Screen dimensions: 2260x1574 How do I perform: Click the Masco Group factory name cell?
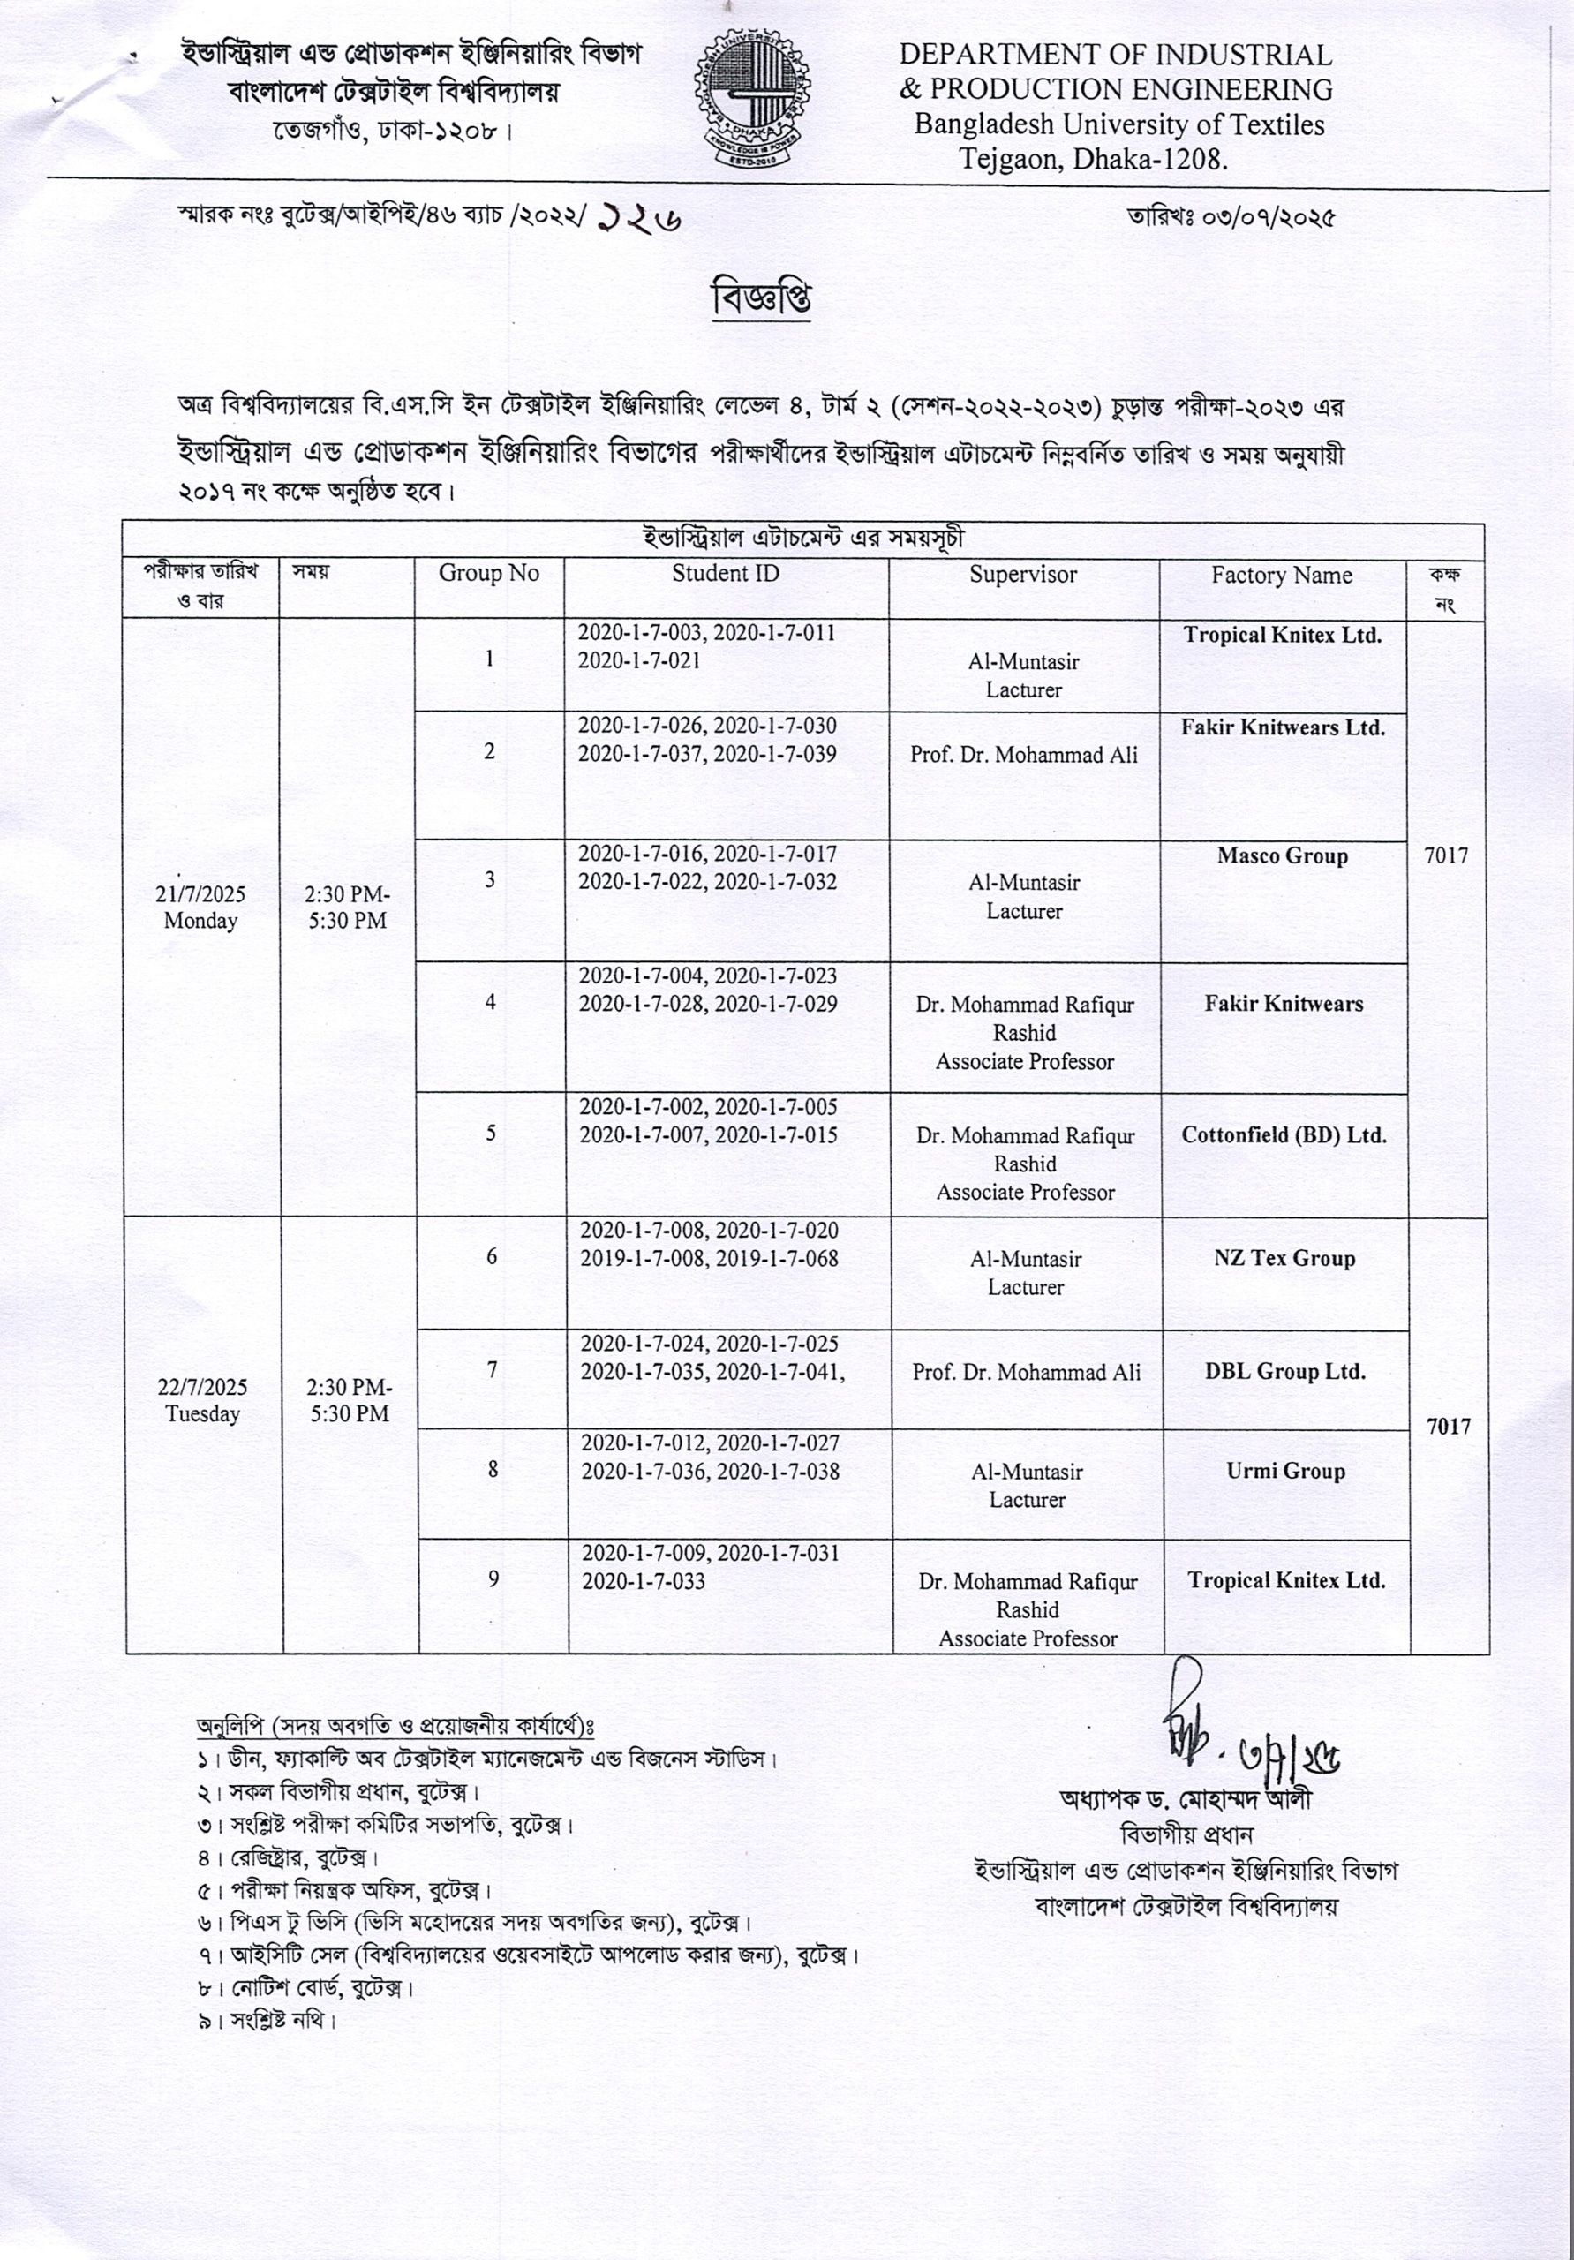click(x=1282, y=855)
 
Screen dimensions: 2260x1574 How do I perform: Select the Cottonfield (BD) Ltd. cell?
click(x=1284, y=1135)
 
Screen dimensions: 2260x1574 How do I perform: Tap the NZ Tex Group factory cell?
click(x=1284, y=1258)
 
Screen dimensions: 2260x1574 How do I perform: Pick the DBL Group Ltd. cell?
click(x=1284, y=1371)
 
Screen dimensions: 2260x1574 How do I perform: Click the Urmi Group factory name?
click(x=1284, y=1471)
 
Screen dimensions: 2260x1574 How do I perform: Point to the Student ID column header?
click(x=726, y=574)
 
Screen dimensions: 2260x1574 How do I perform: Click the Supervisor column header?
click(x=1023, y=575)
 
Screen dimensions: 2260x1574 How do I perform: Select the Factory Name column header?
click(x=1282, y=575)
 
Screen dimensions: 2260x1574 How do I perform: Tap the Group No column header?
click(x=488, y=574)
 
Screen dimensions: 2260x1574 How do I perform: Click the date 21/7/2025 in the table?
click(x=200, y=893)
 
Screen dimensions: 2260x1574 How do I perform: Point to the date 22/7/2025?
click(x=203, y=1387)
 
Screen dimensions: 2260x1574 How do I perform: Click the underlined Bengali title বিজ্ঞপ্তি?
click(x=761, y=298)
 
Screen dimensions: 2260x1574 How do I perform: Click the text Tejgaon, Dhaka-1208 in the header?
click(x=1094, y=159)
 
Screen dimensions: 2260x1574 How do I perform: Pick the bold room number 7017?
click(x=1448, y=1427)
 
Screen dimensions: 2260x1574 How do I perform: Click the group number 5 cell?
click(x=490, y=1133)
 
